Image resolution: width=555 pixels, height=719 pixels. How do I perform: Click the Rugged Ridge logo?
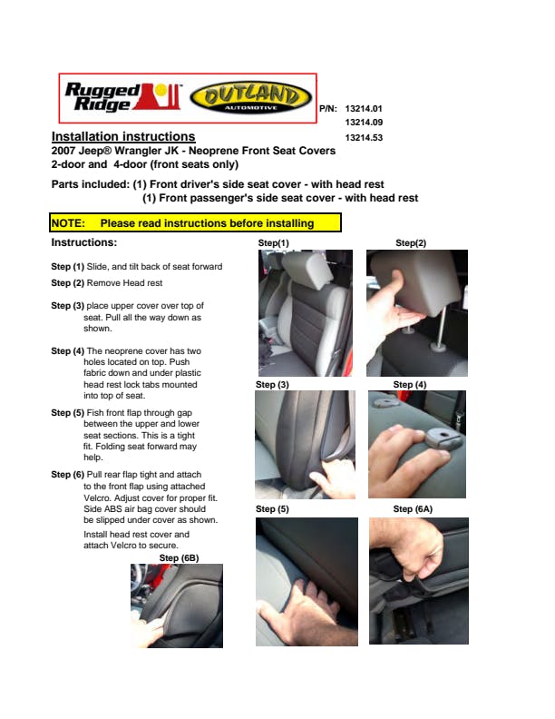122,97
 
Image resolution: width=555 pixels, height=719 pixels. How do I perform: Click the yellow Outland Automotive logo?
250,98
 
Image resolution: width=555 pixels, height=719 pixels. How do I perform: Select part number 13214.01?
364,109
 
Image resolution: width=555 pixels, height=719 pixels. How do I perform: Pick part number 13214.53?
364,138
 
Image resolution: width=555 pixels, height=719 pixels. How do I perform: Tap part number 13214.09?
364,123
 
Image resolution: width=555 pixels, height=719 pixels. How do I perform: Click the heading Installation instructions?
123,137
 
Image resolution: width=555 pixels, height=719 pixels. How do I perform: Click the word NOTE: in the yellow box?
68,223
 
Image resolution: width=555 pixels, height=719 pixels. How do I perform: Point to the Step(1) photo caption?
273,243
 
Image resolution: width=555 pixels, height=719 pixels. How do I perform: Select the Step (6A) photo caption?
413,509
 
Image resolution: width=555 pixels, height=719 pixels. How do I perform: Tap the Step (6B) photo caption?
179,558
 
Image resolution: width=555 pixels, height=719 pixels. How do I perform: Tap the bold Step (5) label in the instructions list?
68,413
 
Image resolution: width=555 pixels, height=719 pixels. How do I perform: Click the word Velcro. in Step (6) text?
97,498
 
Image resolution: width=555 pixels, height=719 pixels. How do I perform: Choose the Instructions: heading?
84,242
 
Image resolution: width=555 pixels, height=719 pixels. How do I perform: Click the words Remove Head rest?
124,283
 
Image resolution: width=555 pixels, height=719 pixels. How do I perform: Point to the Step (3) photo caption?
272,385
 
